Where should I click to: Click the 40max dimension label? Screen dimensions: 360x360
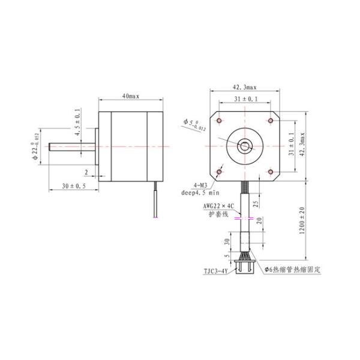[131, 96]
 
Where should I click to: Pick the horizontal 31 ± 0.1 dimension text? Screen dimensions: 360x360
[244, 99]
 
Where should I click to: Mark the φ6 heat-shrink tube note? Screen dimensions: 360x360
[287, 270]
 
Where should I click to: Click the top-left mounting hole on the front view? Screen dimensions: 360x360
[220, 121]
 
